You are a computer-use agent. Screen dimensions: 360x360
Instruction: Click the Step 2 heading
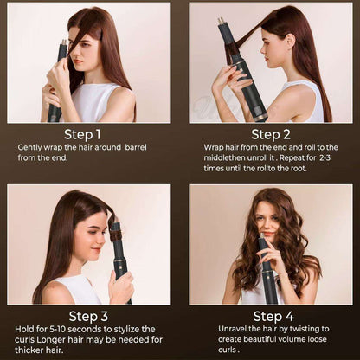(271, 134)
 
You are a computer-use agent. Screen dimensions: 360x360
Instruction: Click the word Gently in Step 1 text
(33, 148)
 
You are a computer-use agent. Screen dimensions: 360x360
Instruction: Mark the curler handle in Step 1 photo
(55, 104)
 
